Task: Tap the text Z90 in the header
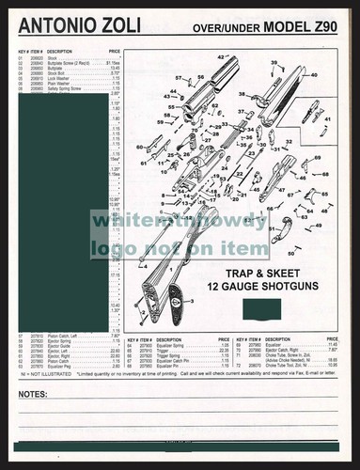click(324, 28)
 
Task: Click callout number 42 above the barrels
click(221, 58)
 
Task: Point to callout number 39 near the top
click(275, 63)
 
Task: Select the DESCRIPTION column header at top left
click(60, 52)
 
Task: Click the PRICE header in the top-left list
click(114, 52)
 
